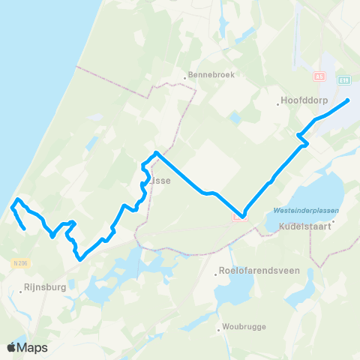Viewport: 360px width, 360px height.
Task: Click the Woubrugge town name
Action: (x=244, y=327)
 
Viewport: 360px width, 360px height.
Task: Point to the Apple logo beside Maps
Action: (x=13, y=347)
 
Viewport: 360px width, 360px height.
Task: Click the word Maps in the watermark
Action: (x=33, y=347)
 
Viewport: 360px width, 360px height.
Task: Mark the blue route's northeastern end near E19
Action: (x=349, y=100)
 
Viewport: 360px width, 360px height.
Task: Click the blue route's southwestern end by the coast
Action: (x=25, y=228)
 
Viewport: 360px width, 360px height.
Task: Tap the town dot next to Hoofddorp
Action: (x=279, y=104)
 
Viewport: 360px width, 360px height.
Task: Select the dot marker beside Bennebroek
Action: (x=184, y=76)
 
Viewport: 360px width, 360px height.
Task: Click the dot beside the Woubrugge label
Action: (x=217, y=327)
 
